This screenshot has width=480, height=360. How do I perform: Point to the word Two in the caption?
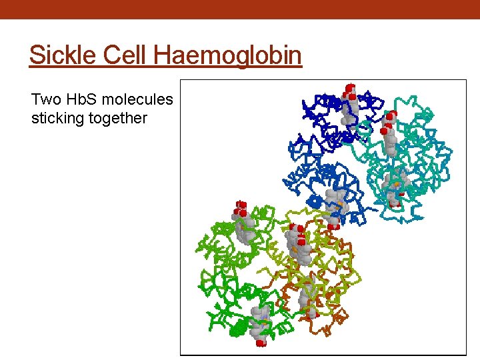coord(46,100)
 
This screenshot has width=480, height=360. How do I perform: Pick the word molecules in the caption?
coord(139,100)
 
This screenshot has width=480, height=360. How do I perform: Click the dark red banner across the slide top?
coord(240,9)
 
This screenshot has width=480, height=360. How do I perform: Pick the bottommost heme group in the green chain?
coord(260,323)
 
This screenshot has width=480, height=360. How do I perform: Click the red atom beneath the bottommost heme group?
coord(261,343)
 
